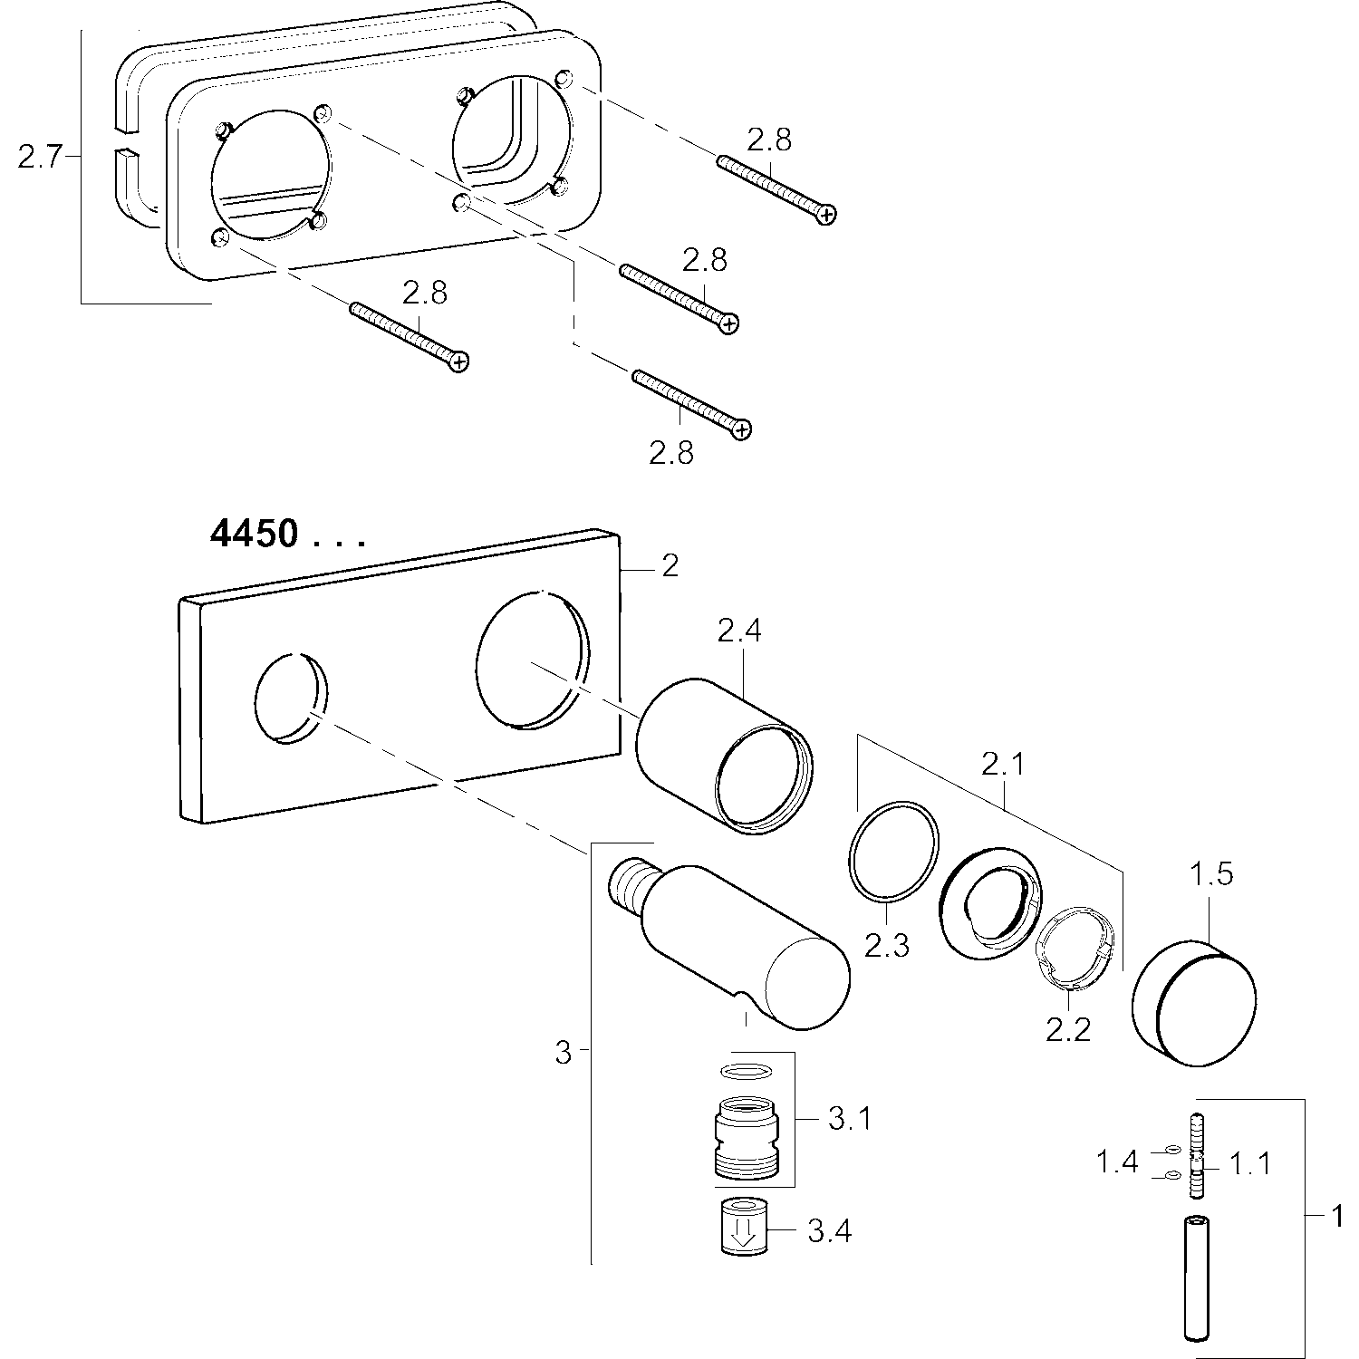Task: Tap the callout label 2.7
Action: pyautogui.click(x=39, y=158)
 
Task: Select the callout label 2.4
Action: pyautogui.click(x=738, y=631)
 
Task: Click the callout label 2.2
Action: pyautogui.click(x=1068, y=1030)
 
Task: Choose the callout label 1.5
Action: pyautogui.click(x=1210, y=875)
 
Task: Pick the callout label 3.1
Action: pyautogui.click(x=849, y=1119)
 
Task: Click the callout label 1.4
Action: pyautogui.click(x=1117, y=1161)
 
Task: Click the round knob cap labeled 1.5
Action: pyautogui.click(x=1193, y=1001)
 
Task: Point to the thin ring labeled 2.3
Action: pyautogui.click(x=892, y=851)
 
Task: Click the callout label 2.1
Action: pyautogui.click(x=1002, y=766)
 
